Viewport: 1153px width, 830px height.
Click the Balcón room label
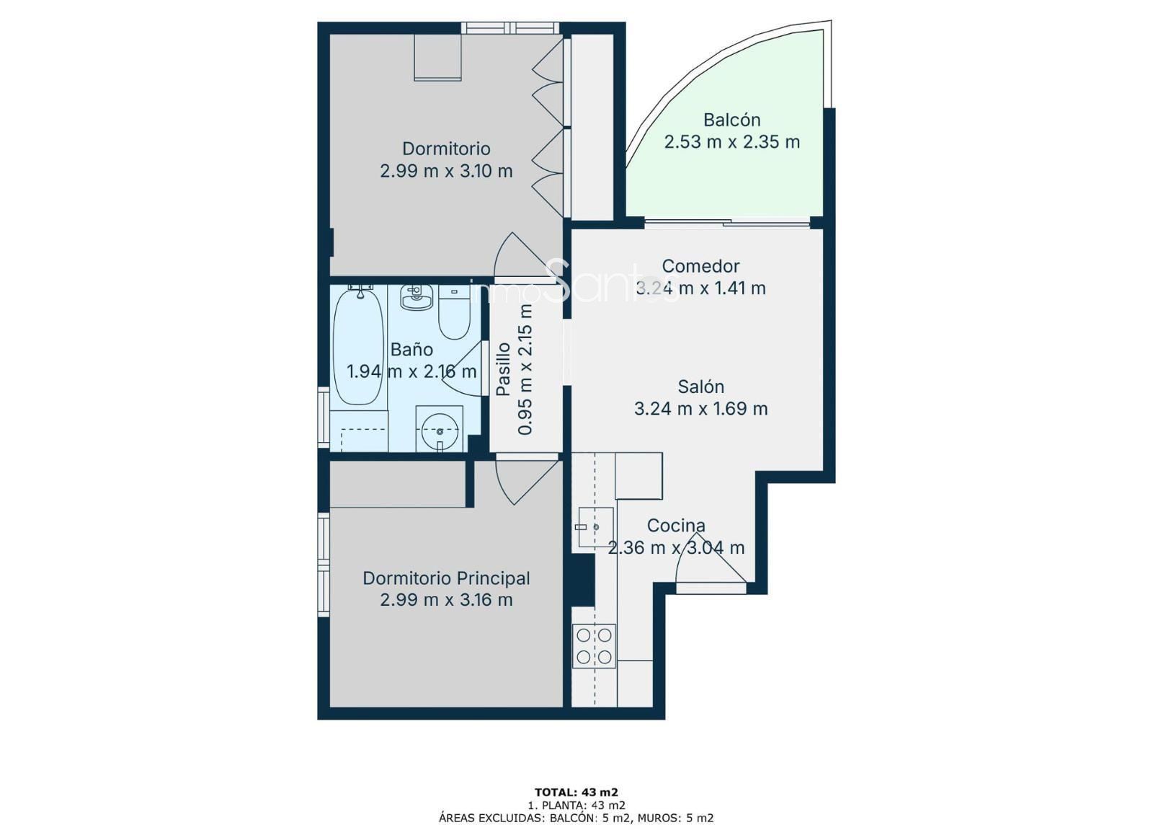click(731, 120)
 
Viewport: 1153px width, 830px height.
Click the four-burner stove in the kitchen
click(594, 646)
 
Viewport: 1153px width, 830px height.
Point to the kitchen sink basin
click(595, 527)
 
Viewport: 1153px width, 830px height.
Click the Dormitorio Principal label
click(446, 578)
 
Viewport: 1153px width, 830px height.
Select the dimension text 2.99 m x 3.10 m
click(446, 171)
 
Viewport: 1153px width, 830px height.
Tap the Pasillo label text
click(503, 369)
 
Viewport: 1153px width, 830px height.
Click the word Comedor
click(700, 266)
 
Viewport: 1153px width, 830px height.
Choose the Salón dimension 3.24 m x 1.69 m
click(700, 409)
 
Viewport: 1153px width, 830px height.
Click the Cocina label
click(676, 526)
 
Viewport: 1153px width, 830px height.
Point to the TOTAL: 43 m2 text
click(576, 793)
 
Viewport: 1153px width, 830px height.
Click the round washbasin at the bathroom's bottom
click(440, 428)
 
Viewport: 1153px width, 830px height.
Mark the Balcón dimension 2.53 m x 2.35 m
click(731, 141)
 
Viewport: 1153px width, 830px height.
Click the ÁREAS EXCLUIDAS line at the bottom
click(576, 818)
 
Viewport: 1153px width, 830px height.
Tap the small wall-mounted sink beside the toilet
click(417, 298)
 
